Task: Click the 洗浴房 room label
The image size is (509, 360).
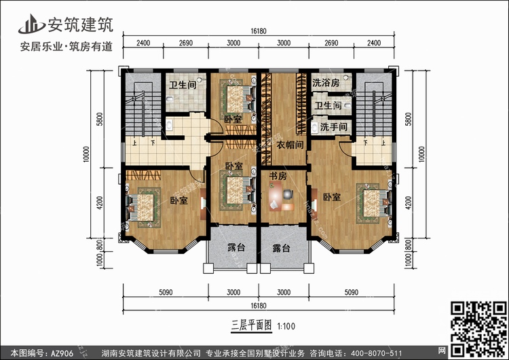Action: pos(326,84)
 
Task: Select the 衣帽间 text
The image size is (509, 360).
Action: pos(290,144)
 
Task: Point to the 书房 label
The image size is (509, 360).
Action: pos(277,177)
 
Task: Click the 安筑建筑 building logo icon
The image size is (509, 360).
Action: pos(31,25)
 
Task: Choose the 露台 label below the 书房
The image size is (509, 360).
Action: pos(282,249)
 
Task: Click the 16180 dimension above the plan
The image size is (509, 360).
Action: pos(257,31)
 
